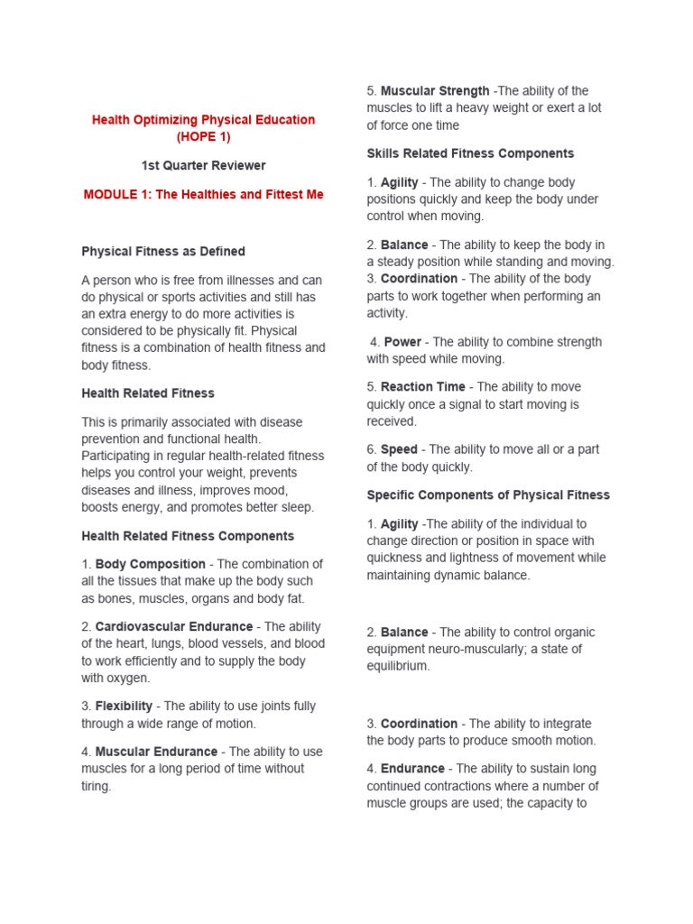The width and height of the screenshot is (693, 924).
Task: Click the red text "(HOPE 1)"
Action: pos(203,137)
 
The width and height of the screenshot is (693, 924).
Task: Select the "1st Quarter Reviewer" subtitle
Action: pos(203,165)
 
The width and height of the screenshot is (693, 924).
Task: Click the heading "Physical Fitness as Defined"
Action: pos(163,252)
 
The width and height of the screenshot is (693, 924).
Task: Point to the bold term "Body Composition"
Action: pos(151,564)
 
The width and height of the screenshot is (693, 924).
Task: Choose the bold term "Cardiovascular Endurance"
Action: pos(174,626)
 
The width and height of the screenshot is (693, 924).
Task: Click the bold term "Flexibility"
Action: pos(124,707)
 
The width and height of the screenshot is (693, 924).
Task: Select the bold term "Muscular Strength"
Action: pos(435,91)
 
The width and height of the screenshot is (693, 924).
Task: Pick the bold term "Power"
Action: pos(403,342)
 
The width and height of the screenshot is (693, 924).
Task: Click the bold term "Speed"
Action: pos(399,449)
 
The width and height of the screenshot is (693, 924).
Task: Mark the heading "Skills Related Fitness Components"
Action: pos(470,153)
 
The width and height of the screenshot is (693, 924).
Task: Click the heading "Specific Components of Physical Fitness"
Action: pos(488,495)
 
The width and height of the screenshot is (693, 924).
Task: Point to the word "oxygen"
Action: pos(130,679)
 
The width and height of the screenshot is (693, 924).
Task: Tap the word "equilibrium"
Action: pos(398,667)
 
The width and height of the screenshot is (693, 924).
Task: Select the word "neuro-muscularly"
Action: pos(479,650)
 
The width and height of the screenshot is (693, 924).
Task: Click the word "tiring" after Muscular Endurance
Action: pos(96,786)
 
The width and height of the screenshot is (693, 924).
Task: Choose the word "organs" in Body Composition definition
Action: pos(216,598)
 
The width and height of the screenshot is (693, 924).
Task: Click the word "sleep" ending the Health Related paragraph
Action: pos(296,507)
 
